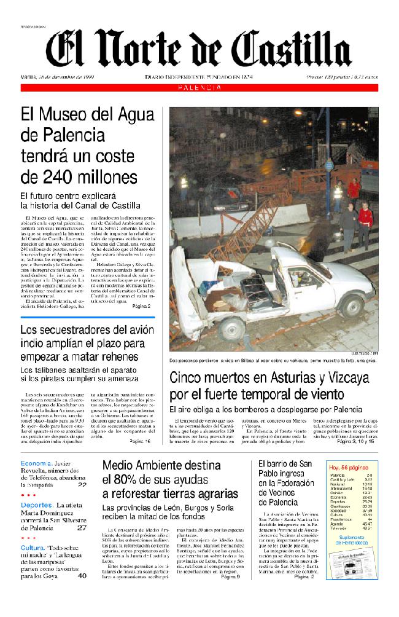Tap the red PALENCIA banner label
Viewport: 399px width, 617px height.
point(200,88)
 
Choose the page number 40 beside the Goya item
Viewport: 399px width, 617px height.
point(82,576)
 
